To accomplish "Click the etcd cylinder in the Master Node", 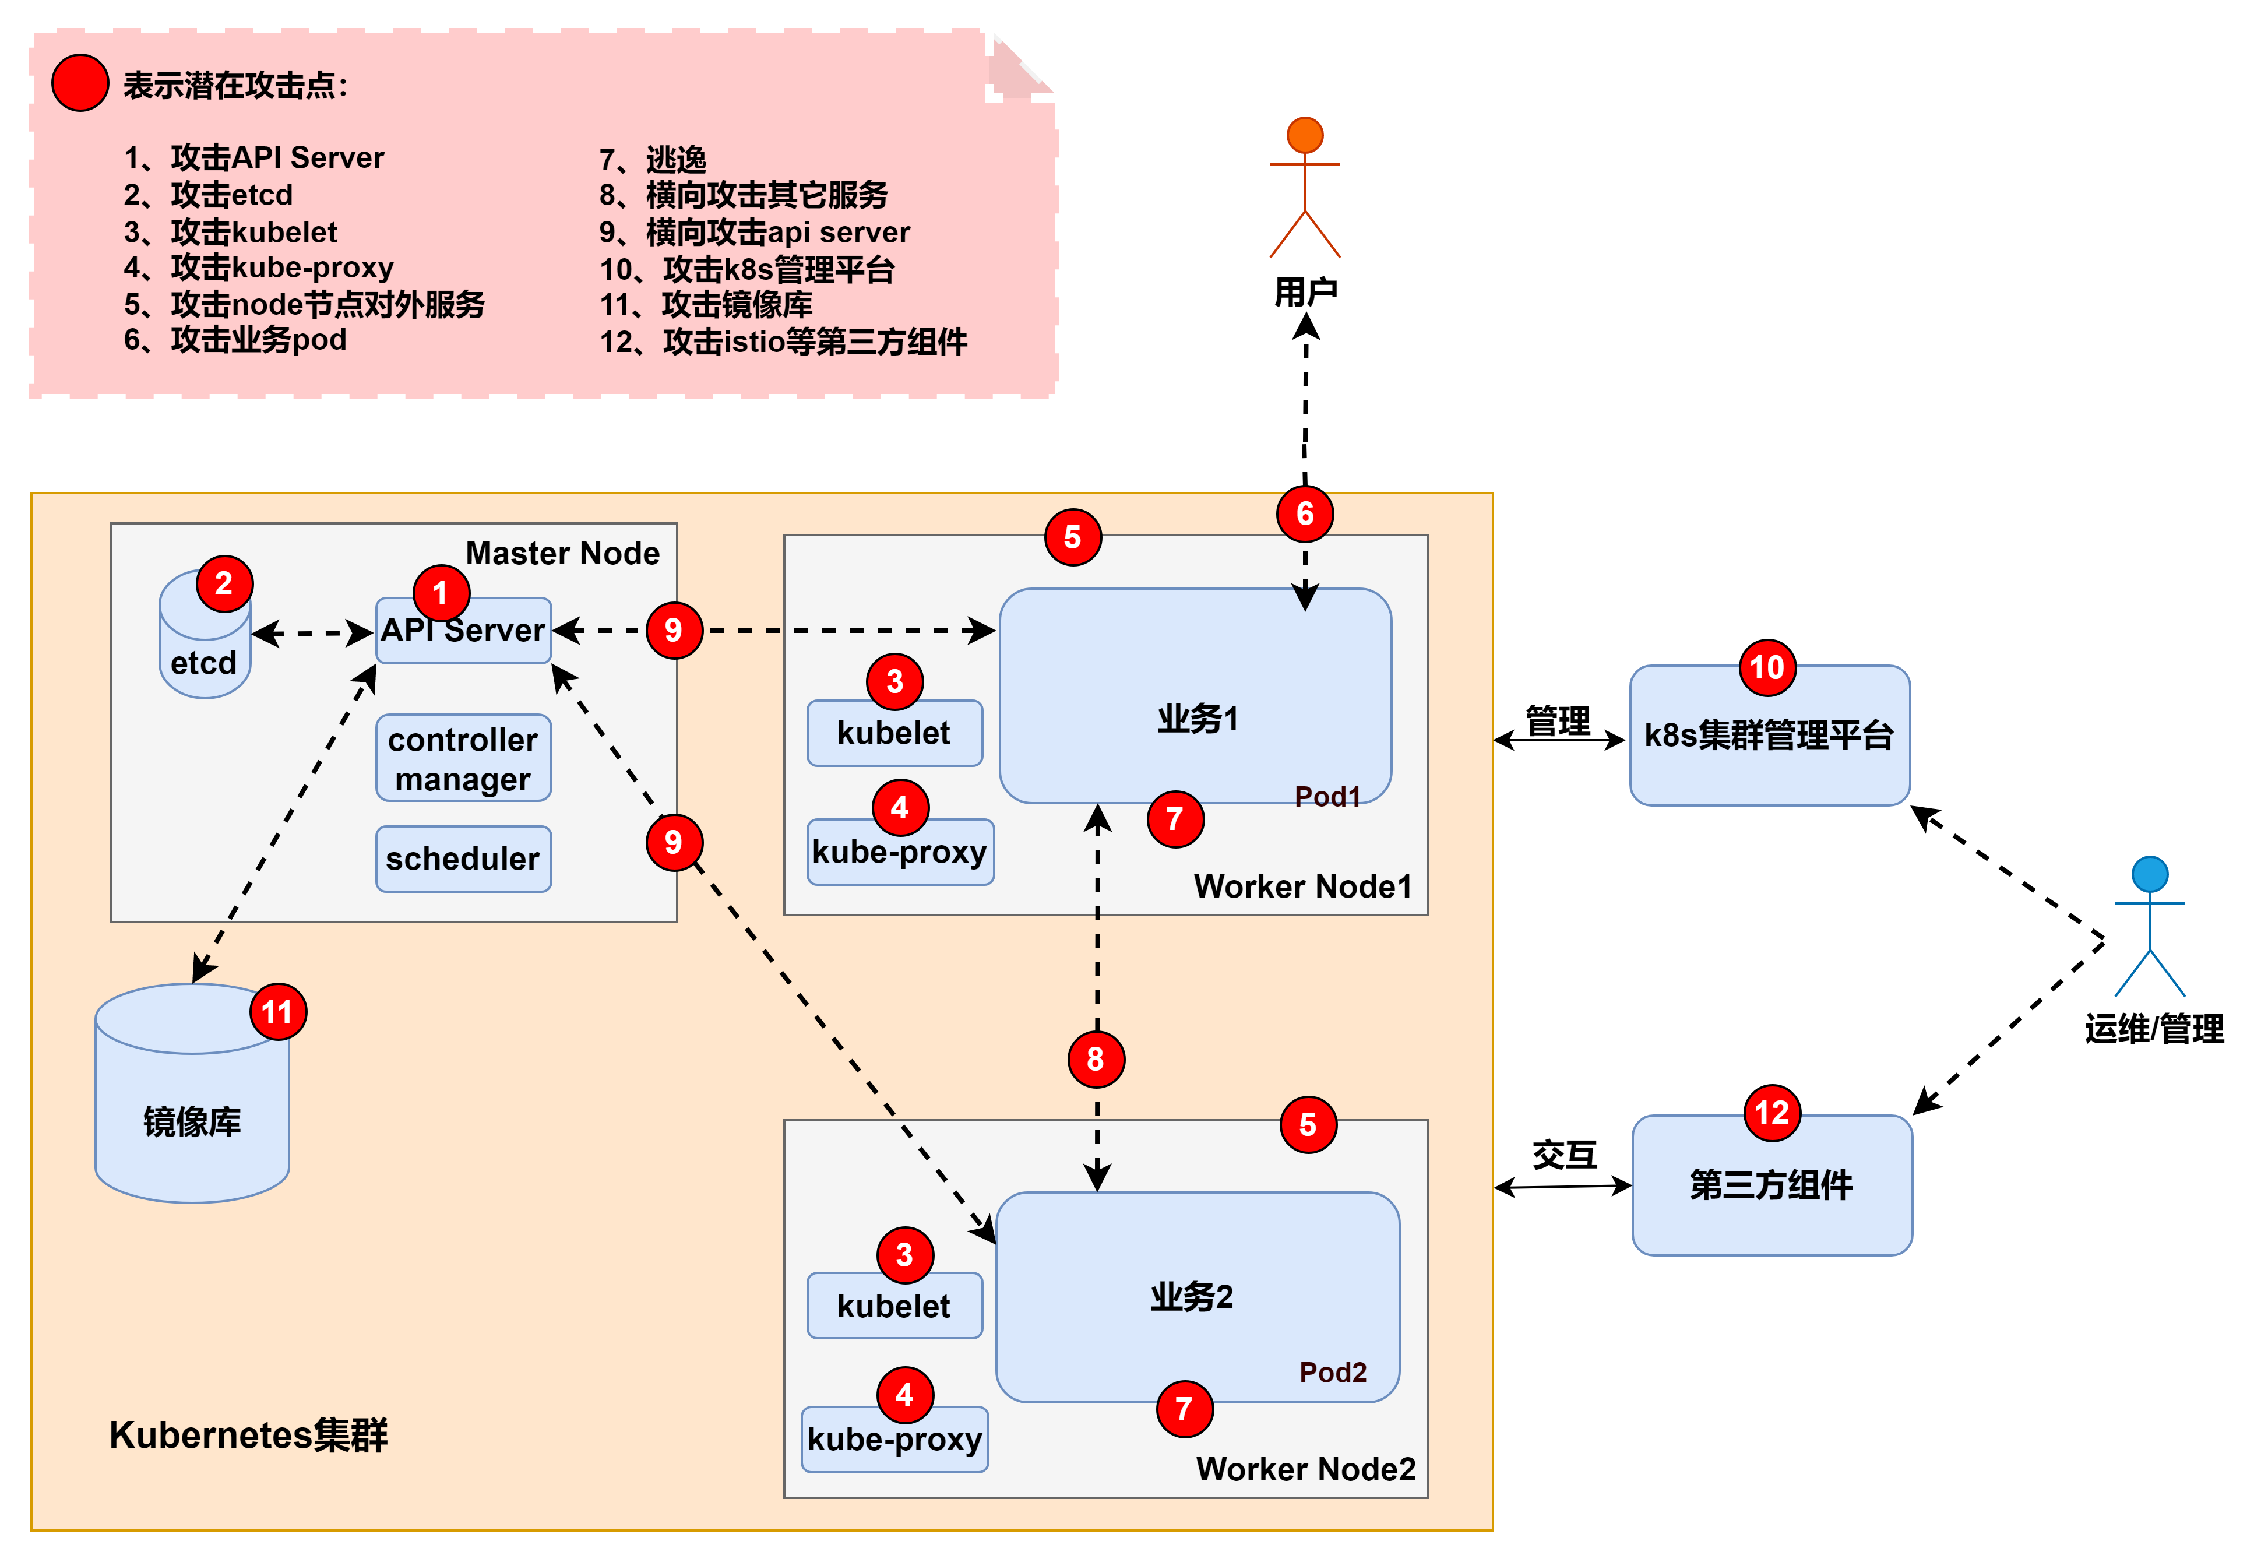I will click(203, 648).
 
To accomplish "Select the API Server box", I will click(464, 631).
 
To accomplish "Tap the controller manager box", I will click(464, 759).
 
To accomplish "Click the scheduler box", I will click(464, 859).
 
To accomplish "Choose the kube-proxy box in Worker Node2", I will click(894, 1439).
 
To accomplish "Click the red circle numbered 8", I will click(1096, 1059).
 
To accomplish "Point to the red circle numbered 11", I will click(277, 1012).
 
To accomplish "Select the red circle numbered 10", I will click(1767, 667).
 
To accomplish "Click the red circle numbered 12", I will click(1772, 1113).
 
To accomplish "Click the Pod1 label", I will click(1327, 797).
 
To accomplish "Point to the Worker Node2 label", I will click(1305, 1468).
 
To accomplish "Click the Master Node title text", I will click(562, 554).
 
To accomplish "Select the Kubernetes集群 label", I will click(248, 1435).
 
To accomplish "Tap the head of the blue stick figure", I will click(2149, 874).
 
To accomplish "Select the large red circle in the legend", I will click(80, 83).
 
